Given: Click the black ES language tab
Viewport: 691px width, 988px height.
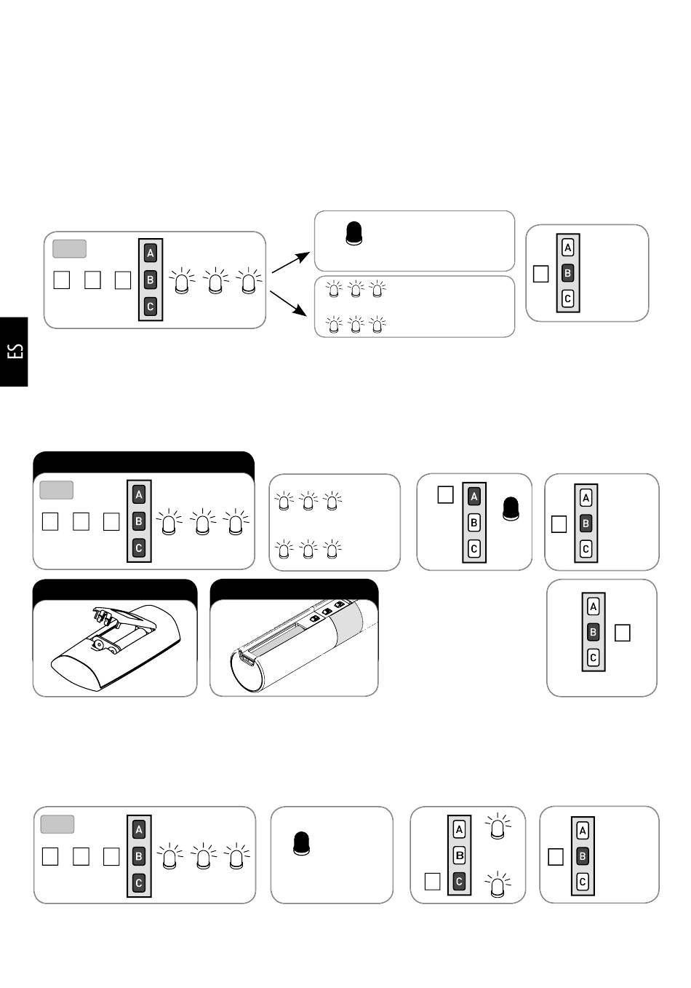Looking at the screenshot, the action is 14,352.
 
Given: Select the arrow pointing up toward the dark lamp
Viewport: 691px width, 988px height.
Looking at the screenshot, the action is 291,262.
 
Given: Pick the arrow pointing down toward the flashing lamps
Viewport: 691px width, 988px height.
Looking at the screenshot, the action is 288,303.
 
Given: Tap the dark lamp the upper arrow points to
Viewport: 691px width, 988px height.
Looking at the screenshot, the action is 354,233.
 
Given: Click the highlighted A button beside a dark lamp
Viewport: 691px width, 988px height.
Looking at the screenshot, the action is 474,497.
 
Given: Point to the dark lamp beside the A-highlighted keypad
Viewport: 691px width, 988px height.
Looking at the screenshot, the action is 511,508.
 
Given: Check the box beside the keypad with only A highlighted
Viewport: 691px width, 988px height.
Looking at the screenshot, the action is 446,494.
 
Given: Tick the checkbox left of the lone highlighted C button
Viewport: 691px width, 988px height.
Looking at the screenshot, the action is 432,881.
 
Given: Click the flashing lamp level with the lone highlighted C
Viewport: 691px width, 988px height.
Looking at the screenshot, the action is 498,885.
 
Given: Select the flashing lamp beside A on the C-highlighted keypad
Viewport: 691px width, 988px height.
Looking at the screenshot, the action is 498,826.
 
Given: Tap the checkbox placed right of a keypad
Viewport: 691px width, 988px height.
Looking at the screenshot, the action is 622,633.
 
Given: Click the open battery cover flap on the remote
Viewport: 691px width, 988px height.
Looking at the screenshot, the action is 124,617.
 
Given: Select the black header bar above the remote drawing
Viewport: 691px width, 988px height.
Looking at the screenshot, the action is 115,590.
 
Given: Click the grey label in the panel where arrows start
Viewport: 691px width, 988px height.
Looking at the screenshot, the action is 69,249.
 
